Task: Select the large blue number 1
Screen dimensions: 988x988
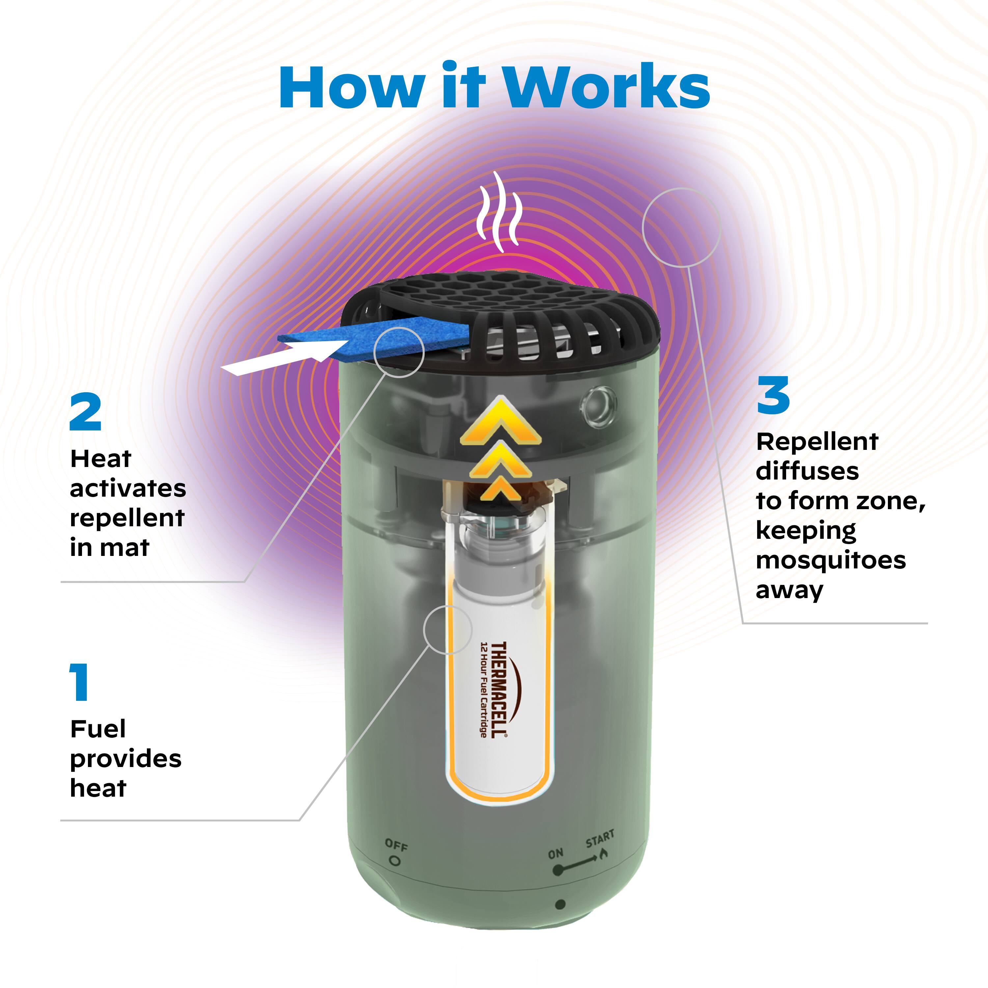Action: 79,682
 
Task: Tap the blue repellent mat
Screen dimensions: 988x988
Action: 374,338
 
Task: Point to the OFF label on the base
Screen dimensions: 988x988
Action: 396,845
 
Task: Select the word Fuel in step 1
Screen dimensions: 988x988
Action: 98,729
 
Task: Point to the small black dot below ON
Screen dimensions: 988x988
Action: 560,905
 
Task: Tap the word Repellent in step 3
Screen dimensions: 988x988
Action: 817,442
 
